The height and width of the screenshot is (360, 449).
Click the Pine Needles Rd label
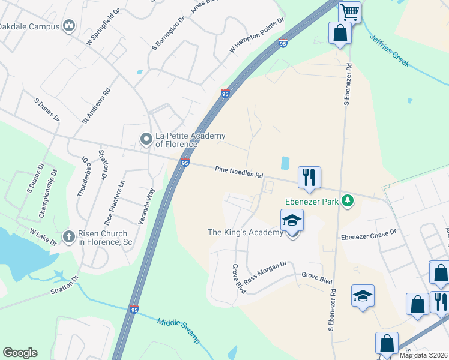(239, 172)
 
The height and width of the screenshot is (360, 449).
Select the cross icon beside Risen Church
(70, 236)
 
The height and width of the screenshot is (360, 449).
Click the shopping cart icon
(349, 11)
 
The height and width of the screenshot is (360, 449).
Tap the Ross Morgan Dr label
(266, 271)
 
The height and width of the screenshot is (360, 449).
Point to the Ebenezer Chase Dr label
(369, 235)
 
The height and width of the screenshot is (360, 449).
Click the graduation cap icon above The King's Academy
(292, 220)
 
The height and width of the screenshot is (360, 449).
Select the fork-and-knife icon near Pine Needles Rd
(309, 177)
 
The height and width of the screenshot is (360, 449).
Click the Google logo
(20, 353)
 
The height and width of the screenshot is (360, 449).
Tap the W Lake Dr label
(43, 236)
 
